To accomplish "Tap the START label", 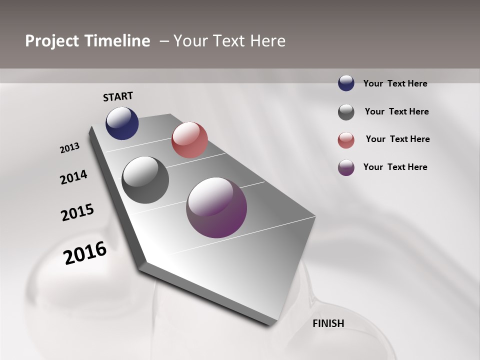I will coord(118,96).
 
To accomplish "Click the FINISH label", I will coord(328,323).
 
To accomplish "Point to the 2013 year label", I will coord(69,148).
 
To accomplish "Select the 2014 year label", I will coord(73,177).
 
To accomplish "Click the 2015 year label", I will coord(77,212).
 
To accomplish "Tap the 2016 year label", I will coord(85,252).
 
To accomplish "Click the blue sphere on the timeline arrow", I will coord(122,123).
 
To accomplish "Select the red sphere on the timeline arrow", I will coord(189,140).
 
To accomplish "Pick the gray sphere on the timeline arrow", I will coord(145,180).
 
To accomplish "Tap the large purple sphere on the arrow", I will coord(216,207).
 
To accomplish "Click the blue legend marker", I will coord(346,83).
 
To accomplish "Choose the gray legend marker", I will coord(346,112).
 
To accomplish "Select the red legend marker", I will coord(346,140).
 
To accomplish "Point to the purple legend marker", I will coord(346,167).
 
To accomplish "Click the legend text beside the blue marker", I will coord(395,83).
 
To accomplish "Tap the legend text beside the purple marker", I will coord(395,167).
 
